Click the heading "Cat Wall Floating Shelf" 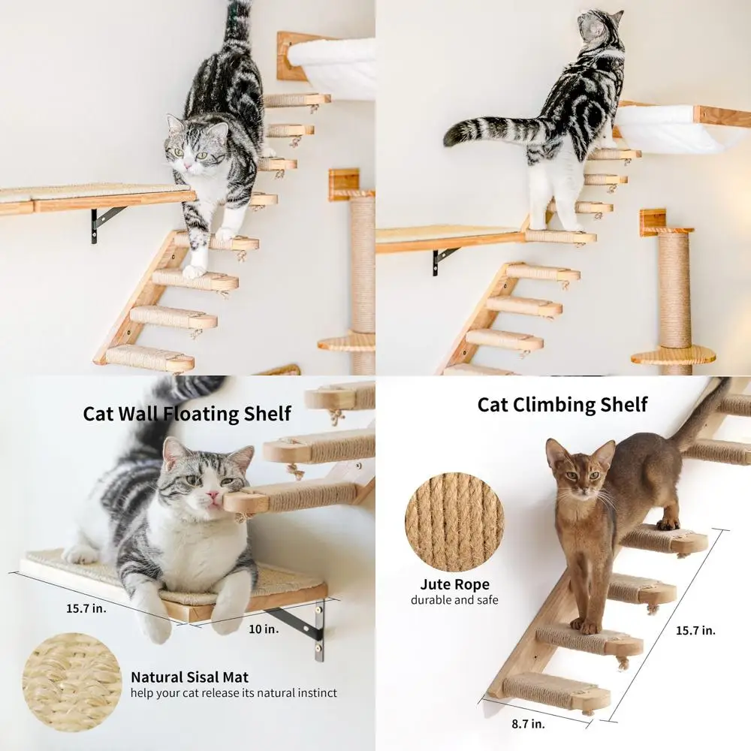tap(187, 413)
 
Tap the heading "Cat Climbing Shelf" tap(562, 404)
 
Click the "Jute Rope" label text tap(454, 584)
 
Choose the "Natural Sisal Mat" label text tap(189, 677)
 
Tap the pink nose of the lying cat tap(213, 498)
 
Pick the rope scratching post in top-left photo tap(363, 263)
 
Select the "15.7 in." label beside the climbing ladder tap(695, 629)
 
